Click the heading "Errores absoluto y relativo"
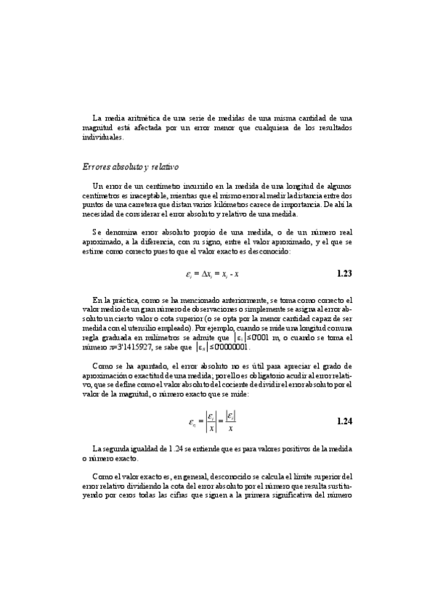[x=126, y=168]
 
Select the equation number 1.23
[x=345, y=274]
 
